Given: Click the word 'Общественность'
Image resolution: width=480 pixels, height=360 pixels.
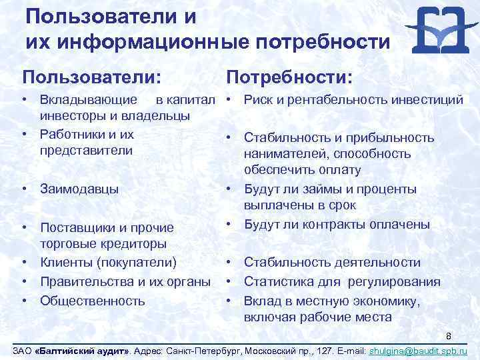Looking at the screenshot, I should pyautogui.click(x=92, y=300).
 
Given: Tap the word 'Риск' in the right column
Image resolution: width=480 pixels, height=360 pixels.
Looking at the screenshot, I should pyautogui.click(x=258, y=100).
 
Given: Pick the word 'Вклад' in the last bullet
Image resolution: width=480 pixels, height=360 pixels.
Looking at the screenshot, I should pyautogui.click(x=262, y=300).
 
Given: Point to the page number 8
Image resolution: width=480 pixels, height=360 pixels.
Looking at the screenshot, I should pyautogui.click(x=449, y=336).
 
